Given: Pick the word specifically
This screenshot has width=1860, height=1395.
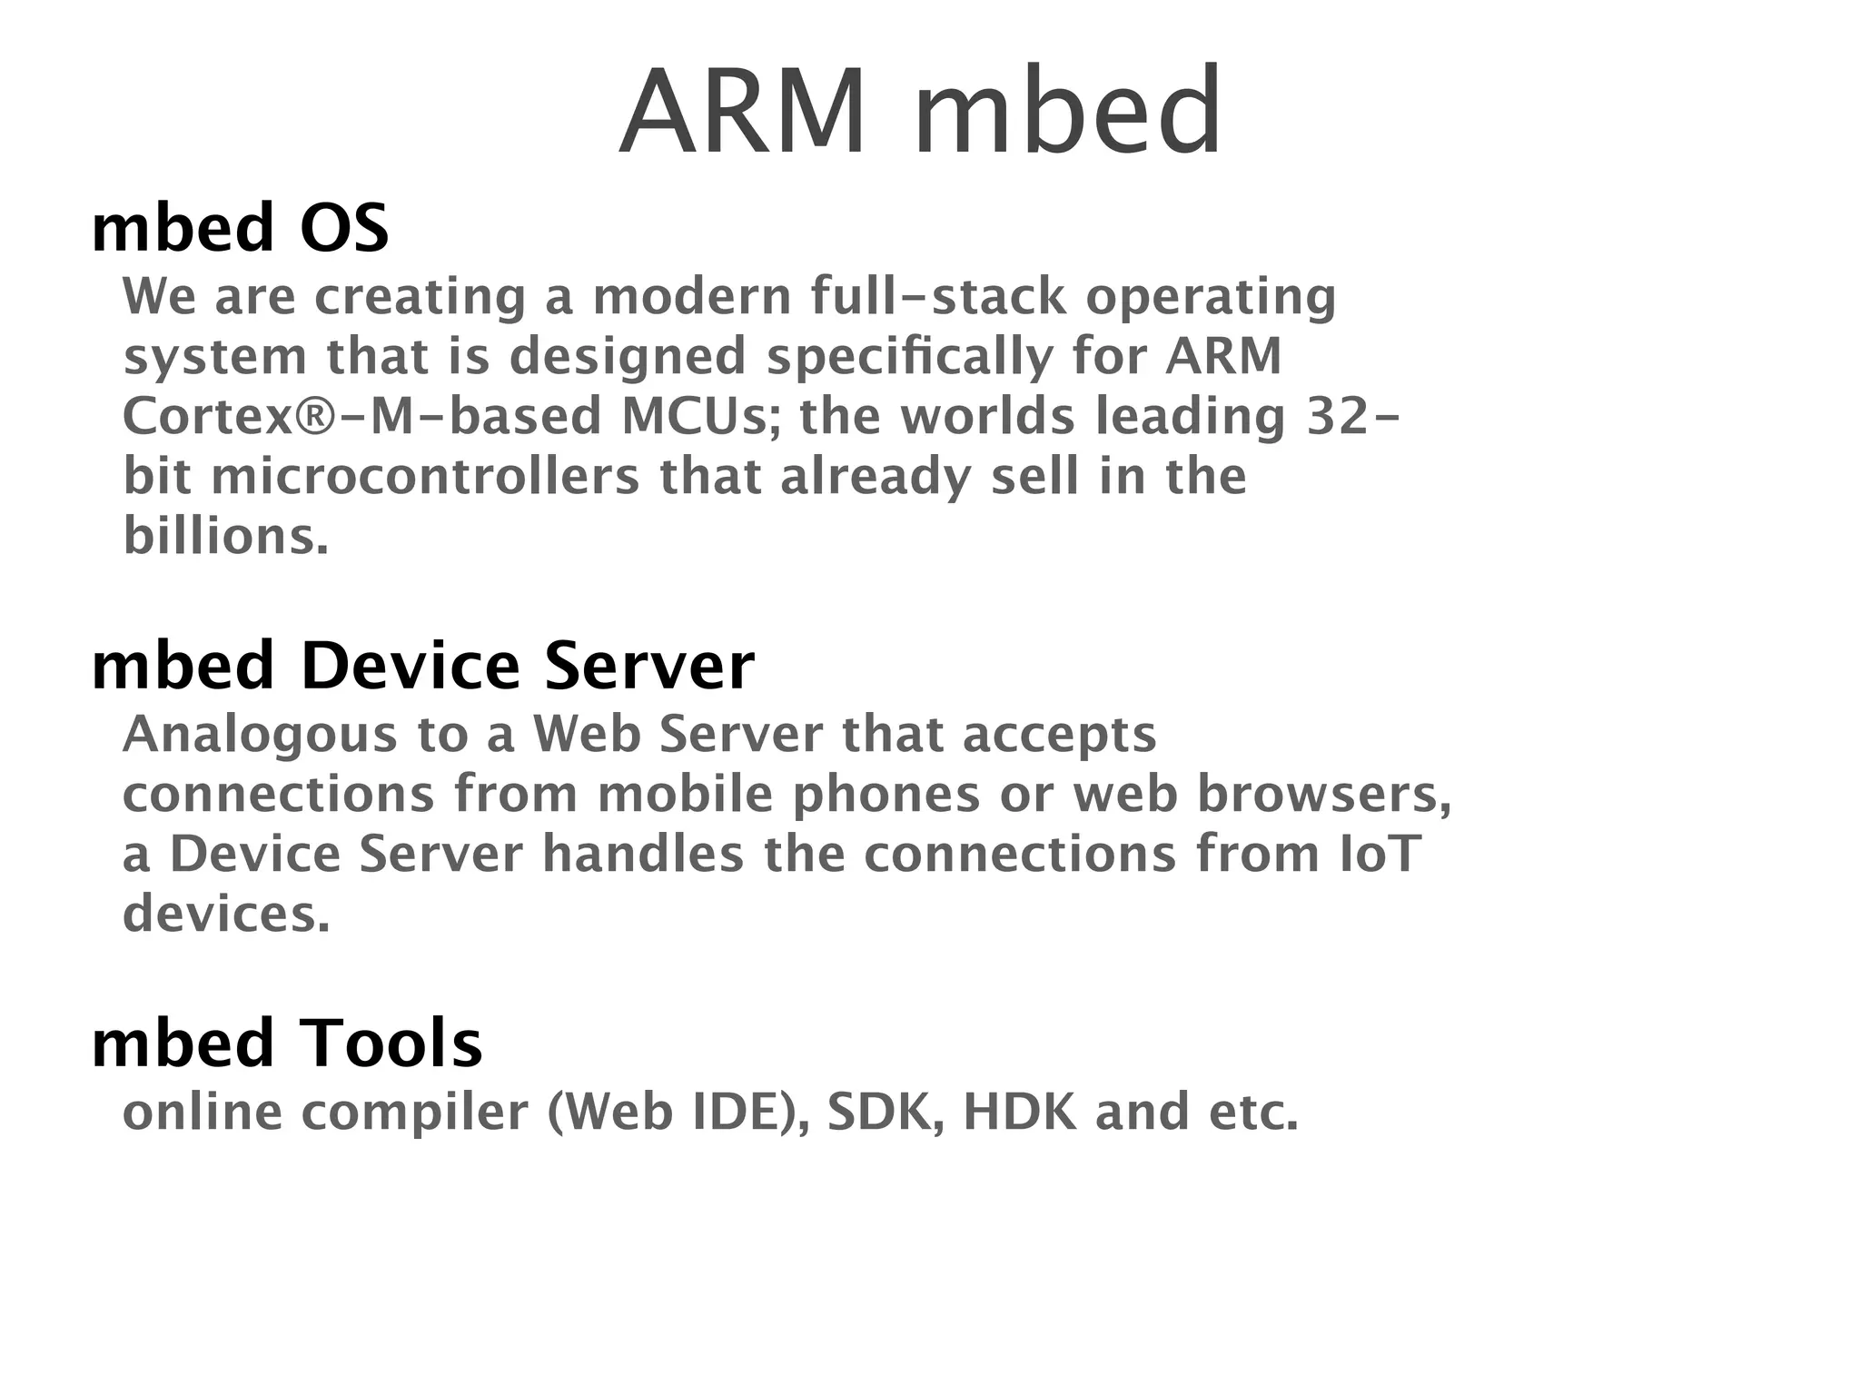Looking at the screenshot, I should [909, 356].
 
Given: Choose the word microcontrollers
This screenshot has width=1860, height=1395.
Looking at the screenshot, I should [425, 476].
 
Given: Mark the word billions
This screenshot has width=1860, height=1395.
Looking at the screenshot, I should [225, 536].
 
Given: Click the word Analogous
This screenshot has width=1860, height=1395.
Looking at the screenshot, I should [260, 734].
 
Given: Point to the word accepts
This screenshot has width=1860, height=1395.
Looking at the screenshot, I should [1060, 734].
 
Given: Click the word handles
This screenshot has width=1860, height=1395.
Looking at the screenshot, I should [643, 854].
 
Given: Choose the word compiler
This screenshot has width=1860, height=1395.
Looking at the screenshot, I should [415, 1112].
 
